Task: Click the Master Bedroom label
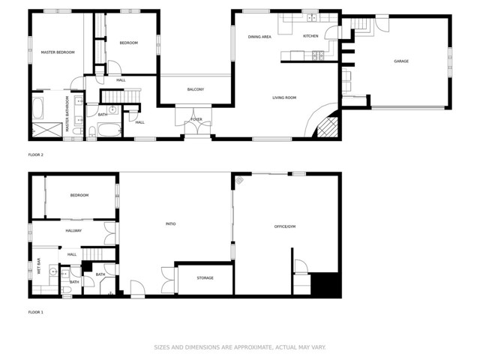58,52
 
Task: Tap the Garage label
401,61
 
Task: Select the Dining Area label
260,37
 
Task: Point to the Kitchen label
310,36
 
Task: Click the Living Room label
284,97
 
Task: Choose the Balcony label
196,89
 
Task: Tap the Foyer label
196,119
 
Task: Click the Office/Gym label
285,226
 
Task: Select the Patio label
171,223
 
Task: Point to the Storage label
205,278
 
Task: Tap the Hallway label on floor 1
73,230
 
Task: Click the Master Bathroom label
67,114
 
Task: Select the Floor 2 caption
36,154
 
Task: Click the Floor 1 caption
36,312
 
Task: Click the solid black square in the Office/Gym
325,284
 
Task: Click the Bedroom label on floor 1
79,195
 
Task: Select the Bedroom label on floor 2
128,43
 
